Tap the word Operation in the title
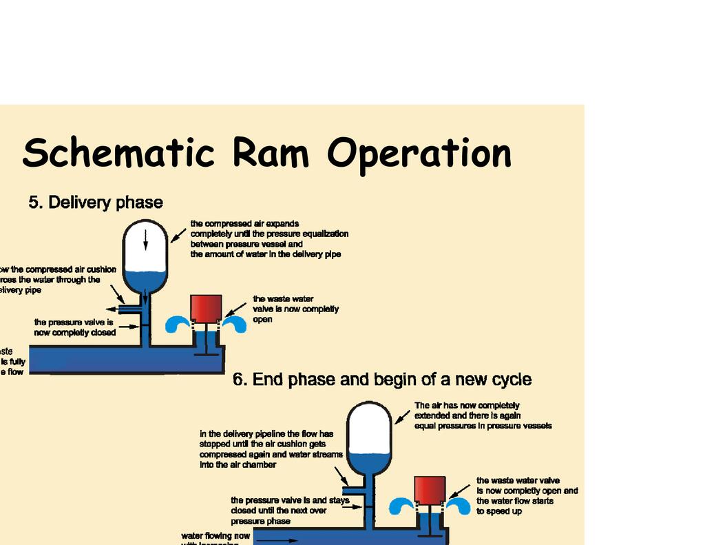pyautogui.click(x=419, y=154)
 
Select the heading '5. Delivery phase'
pyautogui.click(x=96, y=203)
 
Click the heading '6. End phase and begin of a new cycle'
pyautogui.click(x=382, y=380)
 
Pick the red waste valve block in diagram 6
pyautogui.click(x=430, y=490)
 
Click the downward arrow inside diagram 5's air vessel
pyautogui.click(x=145, y=239)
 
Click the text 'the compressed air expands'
pyautogui.click(x=244, y=224)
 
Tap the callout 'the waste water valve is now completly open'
pyautogui.click(x=295, y=309)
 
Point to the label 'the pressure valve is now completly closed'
pyautogui.click(x=75, y=327)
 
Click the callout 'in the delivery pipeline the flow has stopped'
pyautogui.click(x=266, y=439)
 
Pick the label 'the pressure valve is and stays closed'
pyautogui.click(x=290, y=500)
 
